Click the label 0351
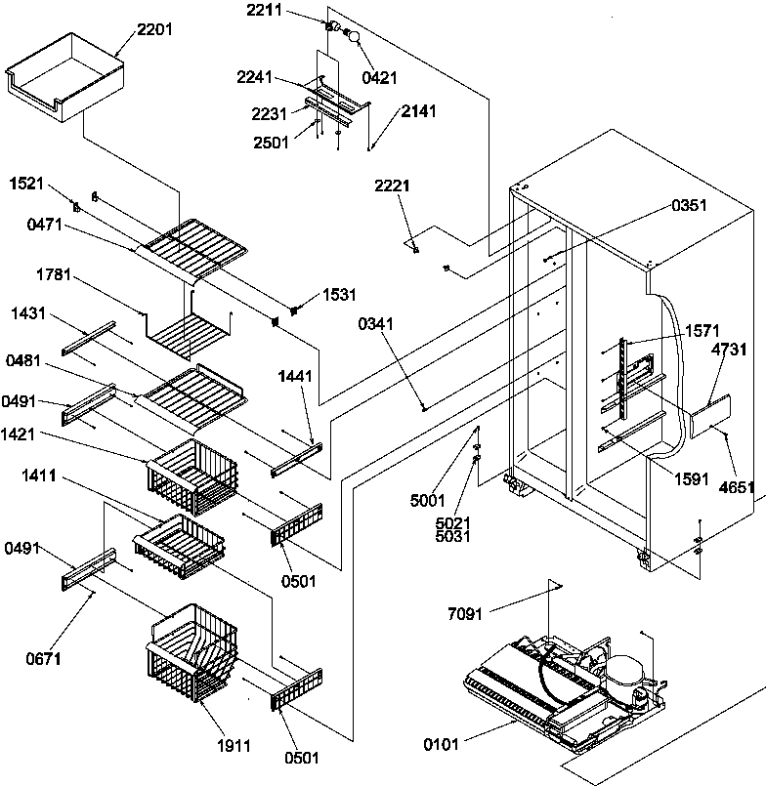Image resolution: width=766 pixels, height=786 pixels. tap(688, 206)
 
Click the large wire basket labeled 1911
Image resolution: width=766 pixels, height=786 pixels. tap(191, 654)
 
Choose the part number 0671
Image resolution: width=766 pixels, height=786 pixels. tap(44, 659)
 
